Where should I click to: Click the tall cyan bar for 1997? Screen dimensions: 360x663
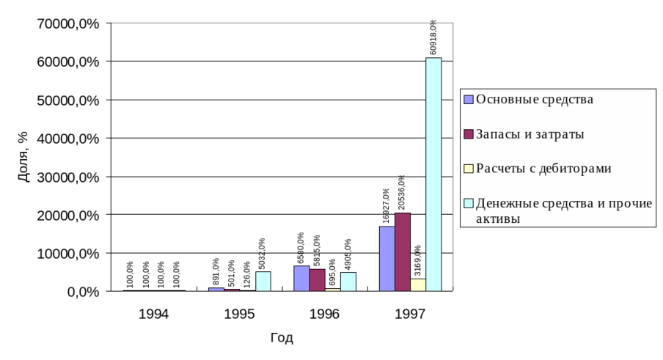(433, 175)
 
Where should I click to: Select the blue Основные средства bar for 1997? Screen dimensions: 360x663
(387, 259)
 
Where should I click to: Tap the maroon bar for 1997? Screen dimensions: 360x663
(403, 252)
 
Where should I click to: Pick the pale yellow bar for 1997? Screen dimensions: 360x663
(418, 284)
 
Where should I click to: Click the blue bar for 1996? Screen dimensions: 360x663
(301, 279)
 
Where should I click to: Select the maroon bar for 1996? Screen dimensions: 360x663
(317, 280)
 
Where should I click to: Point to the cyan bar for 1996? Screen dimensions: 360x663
(348, 282)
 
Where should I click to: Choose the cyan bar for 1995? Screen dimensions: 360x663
(263, 282)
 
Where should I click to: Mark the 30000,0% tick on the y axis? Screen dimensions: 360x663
(67, 177)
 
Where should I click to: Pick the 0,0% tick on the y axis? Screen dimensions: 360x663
(84, 292)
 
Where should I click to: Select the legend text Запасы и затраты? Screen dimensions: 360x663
(530, 134)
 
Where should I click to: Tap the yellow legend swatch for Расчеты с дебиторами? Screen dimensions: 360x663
(468, 169)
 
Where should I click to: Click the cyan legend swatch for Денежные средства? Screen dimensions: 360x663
(468, 203)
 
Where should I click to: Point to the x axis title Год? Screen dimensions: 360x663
(282, 337)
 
